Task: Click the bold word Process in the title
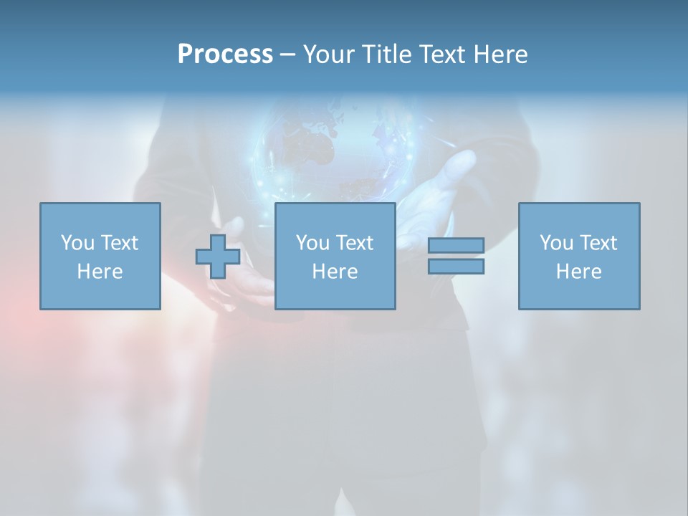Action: pos(225,54)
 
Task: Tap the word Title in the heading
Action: pos(387,54)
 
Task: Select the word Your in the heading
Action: pos(330,54)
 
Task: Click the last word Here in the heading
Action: pos(501,54)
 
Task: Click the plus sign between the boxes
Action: pos(218,257)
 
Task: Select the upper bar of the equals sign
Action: pos(456,245)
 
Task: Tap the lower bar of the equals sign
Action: pos(456,267)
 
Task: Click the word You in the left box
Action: pos(77,243)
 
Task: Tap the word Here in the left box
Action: pos(100,272)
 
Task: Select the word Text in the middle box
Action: pos(354,243)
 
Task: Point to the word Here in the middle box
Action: pos(335,272)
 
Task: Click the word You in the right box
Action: pos(555,243)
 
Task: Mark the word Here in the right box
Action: pos(578,272)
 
